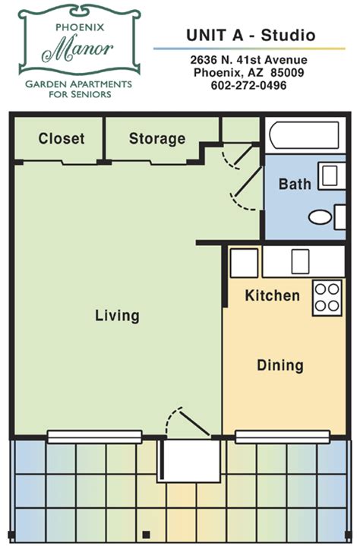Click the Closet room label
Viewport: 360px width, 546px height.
coord(62,138)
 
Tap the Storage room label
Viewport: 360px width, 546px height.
coord(157,139)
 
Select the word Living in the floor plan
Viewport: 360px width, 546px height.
coord(117,315)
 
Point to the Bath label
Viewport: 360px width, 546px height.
coord(295,184)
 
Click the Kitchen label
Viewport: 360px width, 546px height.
coord(272,295)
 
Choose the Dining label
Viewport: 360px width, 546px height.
coord(280,365)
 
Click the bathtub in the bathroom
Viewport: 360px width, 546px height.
coord(305,134)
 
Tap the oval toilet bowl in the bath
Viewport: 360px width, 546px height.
coord(321,217)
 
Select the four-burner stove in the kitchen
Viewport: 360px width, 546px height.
coord(327,298)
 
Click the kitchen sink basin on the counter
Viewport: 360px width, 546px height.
coord(300,261)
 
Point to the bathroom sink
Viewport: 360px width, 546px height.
coord(330,175)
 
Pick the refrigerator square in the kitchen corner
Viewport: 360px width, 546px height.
coord(244,263)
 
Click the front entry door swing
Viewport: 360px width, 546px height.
coord(188,421)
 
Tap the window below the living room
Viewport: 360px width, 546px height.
coord(94,437)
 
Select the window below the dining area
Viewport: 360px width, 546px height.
coord(283,437)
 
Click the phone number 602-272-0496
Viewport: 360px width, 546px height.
coord(248,85)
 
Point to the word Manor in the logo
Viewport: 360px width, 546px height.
coord(77,49)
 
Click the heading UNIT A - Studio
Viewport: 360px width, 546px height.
coord(251,35)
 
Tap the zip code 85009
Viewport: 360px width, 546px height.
coord(287,73)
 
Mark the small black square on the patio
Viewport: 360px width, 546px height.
coord(147,534)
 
